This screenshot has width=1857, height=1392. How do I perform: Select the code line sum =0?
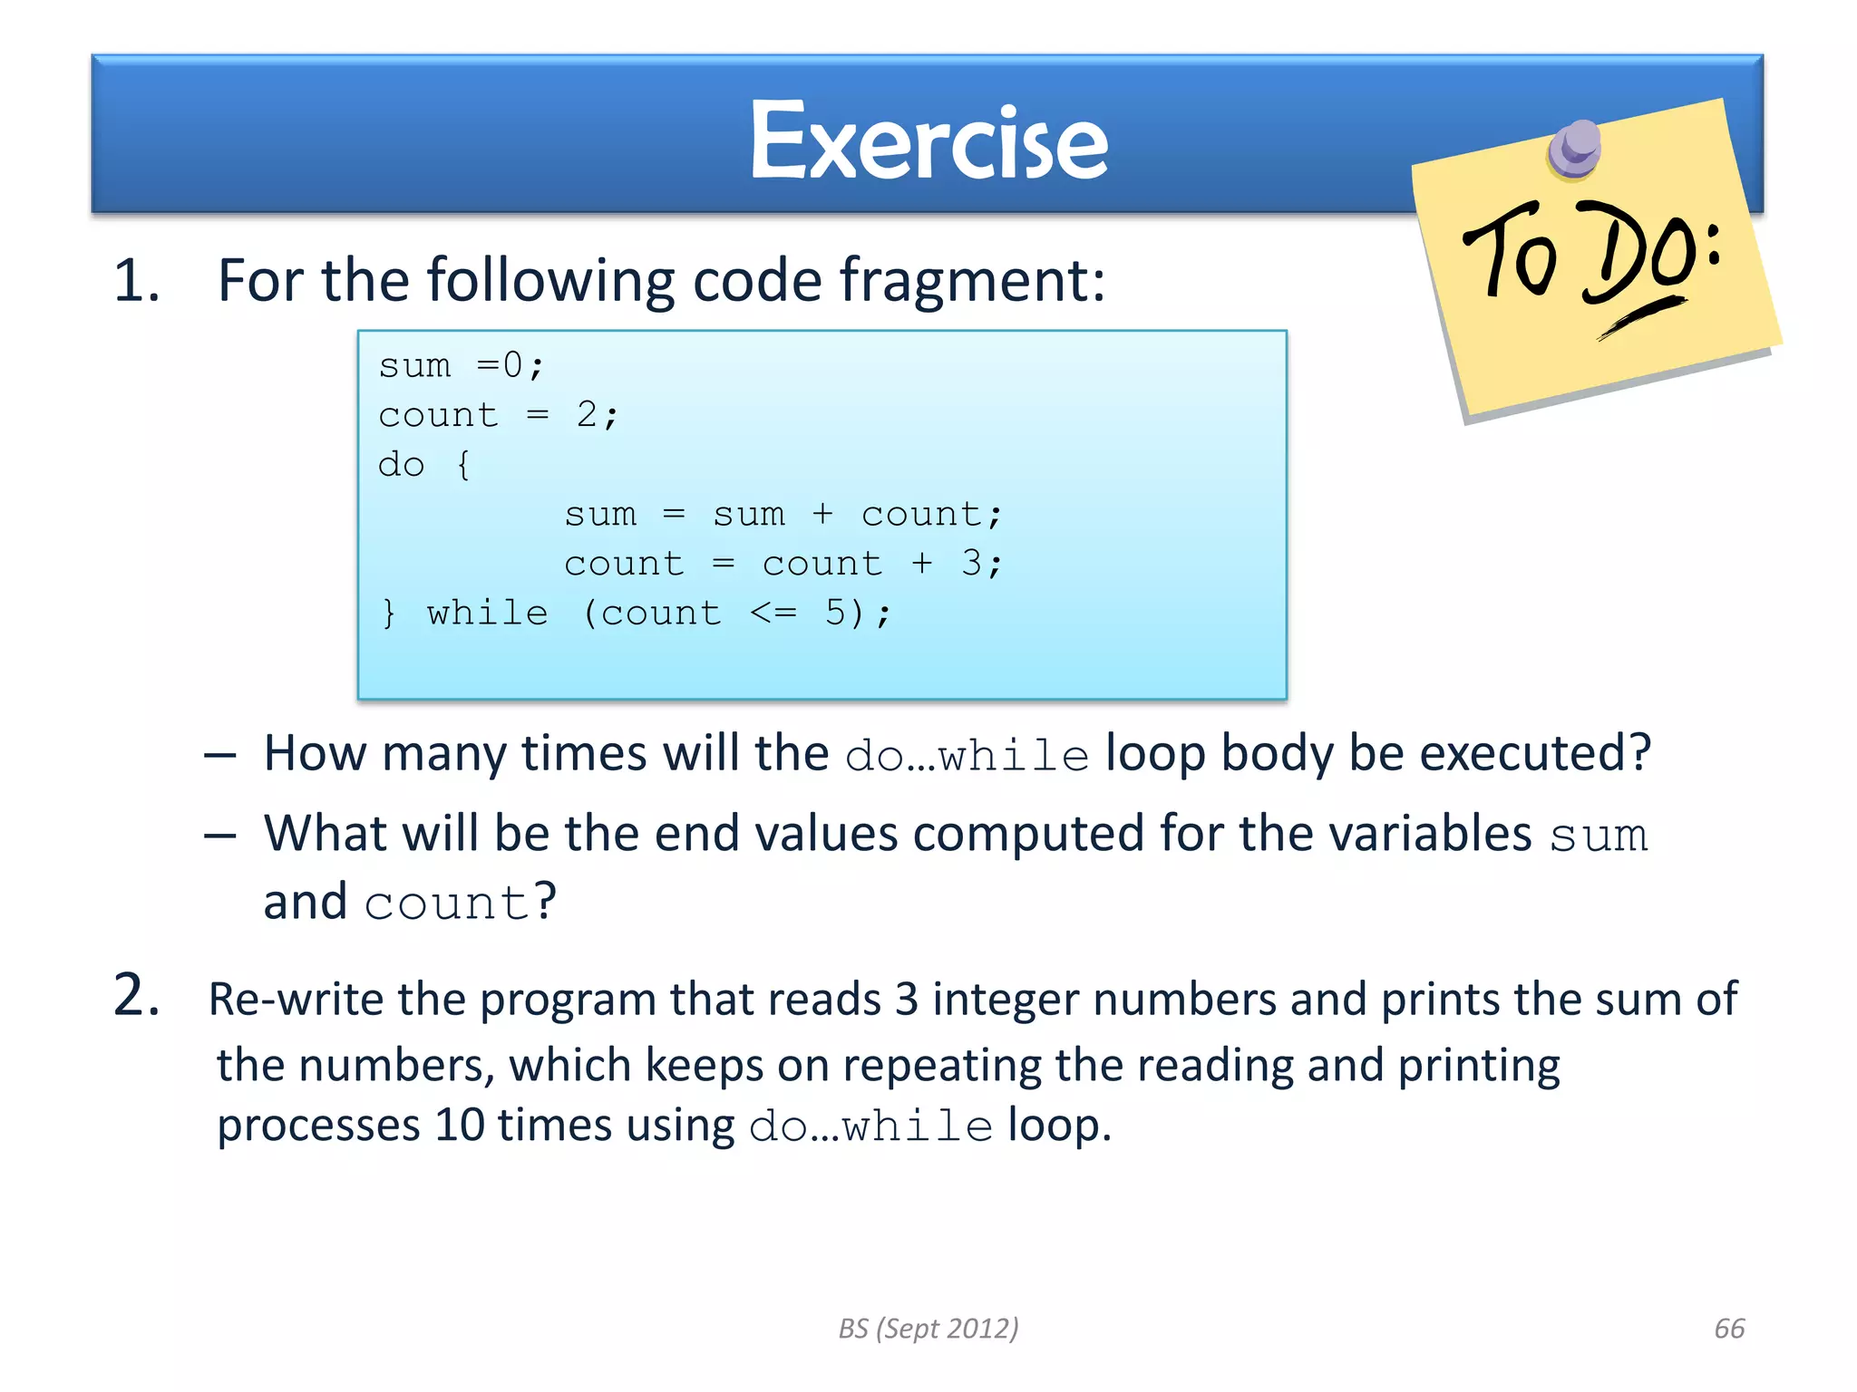tap(461, 366)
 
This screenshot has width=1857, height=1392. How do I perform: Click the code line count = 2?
tap(498, 416)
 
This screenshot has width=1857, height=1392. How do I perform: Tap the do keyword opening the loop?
tap(401, 465)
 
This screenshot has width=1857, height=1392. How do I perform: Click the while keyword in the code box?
tap(488, 614)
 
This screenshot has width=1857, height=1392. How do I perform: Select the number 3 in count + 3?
tap(971, 564)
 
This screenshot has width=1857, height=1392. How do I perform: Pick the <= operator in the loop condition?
tap(773, 614)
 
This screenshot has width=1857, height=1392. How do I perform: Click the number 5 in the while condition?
tap(835, 614)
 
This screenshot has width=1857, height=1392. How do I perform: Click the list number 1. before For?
tap(137, 280)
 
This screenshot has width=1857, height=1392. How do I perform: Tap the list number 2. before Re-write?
tap(137, 995)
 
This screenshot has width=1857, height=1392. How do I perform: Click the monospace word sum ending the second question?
tap(1598, 835)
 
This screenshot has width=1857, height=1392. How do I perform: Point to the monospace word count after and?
tap(446, 904)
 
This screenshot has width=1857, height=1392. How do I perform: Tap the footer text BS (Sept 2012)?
tap(928, 1329)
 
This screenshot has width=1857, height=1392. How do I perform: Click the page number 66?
tap(1729, 1329)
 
